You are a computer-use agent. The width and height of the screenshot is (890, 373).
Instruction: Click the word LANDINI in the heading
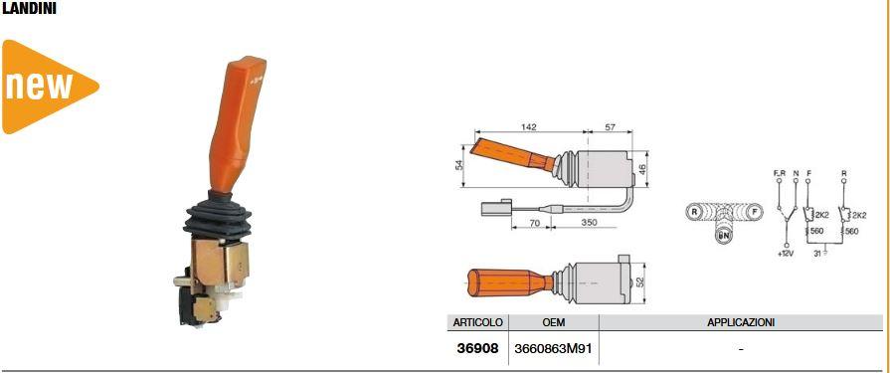29,10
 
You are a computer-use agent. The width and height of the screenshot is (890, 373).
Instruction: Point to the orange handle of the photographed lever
234,125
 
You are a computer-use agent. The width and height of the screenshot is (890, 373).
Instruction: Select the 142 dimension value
528,126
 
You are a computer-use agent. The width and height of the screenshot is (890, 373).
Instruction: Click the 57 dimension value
611,126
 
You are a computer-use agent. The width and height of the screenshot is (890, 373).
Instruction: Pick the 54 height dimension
459,165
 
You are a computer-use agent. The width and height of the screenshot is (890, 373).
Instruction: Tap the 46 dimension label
642,169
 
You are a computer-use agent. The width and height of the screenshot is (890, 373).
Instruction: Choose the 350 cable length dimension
589,223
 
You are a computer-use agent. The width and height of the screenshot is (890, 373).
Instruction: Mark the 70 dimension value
535,223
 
